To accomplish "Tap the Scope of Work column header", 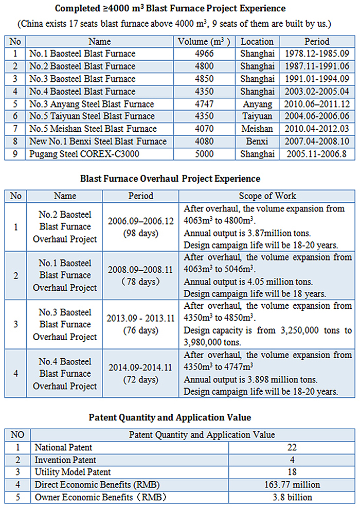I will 267,196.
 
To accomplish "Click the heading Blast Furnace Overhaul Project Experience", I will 170,179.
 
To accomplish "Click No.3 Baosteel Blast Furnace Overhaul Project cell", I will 65,325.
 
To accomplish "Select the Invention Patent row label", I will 65,460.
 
